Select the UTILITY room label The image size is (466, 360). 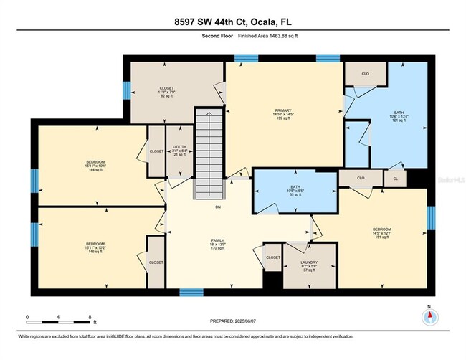coord(179,151)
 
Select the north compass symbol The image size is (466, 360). coord(429,318)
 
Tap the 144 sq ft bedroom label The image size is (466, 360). coord(91,166)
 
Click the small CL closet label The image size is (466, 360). coord(395,177)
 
